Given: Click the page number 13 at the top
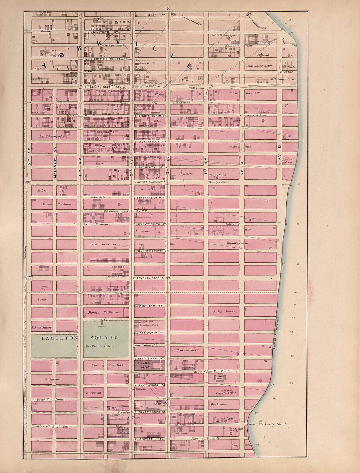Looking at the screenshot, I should (167, 9).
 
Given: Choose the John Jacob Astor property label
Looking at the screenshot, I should (259, 65).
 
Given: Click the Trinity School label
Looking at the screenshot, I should (218, 182).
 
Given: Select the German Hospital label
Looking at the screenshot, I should (95, 224).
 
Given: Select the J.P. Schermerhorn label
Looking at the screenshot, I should (54, 137).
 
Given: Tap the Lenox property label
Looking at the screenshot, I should (42, 299).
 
